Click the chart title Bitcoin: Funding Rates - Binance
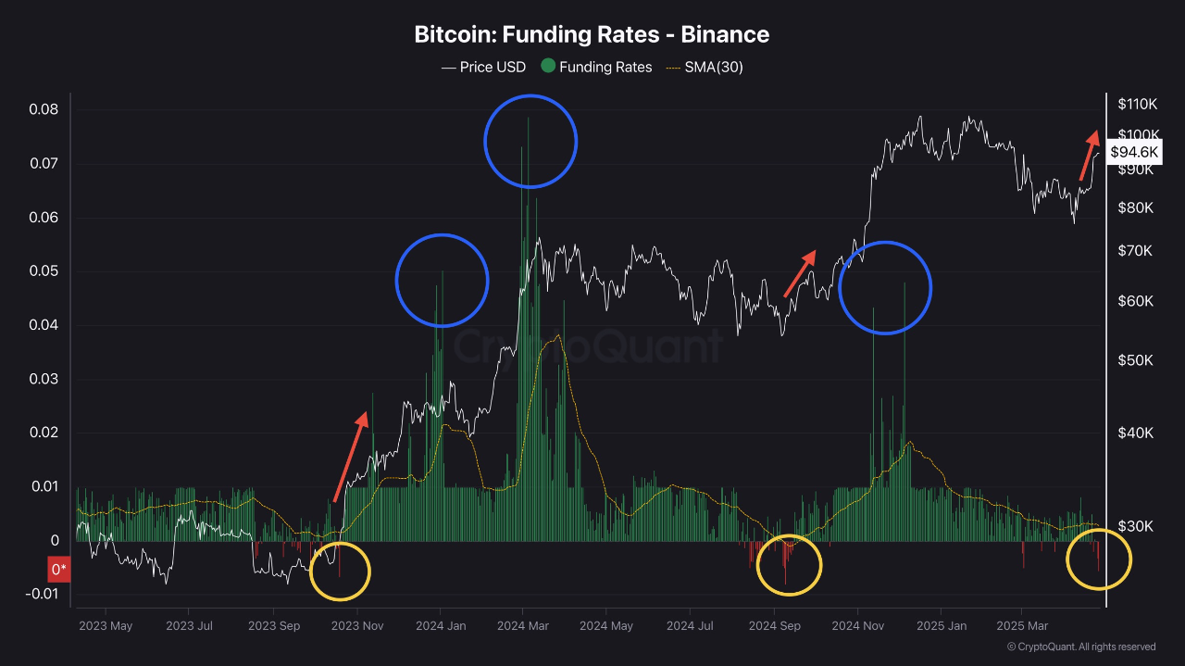592,35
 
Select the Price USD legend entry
482,67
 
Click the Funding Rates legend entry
596,67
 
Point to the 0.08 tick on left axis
43,109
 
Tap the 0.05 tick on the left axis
43,271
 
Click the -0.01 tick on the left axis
41,594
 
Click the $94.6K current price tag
1134,152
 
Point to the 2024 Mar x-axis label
523,625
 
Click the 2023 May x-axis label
106,625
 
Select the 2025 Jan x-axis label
941,625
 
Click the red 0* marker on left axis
58,569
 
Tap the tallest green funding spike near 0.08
529,120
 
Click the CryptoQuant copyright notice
1080,647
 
